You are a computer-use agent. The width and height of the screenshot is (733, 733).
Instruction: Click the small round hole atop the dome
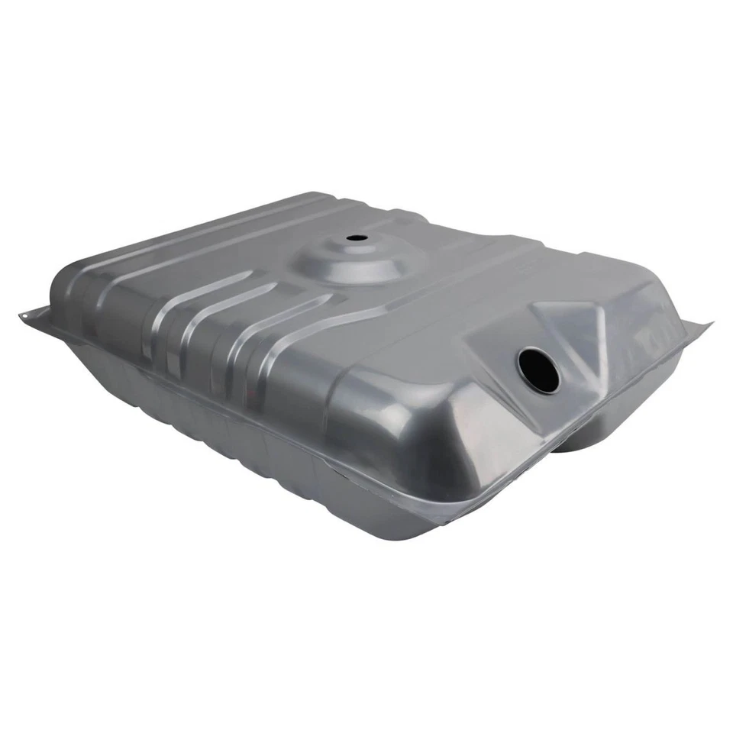coord(357,237)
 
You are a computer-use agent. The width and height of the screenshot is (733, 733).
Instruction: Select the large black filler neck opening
coord(538,370)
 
